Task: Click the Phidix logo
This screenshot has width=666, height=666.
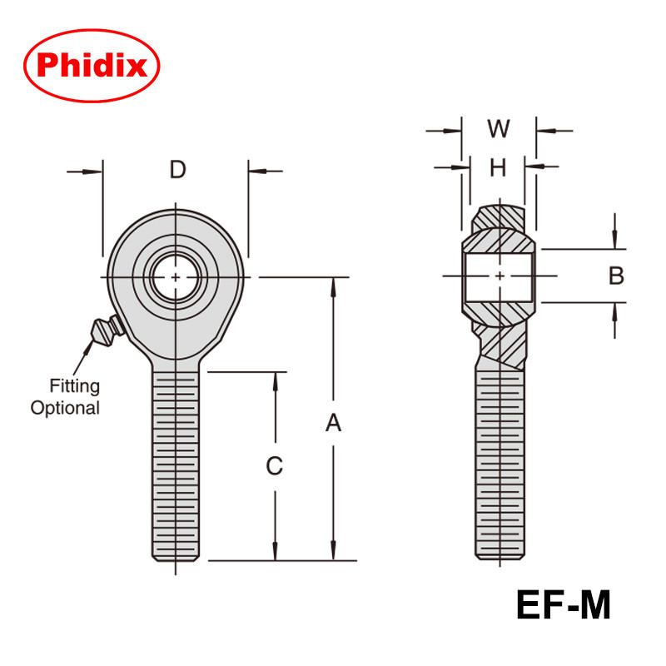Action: tap(92, 65)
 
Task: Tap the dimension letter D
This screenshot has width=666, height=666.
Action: tap(177, 170)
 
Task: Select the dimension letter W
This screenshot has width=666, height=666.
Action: tap(499, 129)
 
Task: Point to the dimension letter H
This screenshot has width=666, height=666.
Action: tap(498, 168)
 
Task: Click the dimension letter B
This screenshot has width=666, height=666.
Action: tap(616, 276)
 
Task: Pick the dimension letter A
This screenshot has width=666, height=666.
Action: tap(333, 424)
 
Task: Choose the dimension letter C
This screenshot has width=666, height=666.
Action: tap(275, 466)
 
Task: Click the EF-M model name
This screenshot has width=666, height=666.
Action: tap(564, 605)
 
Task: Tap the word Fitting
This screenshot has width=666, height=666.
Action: tap(74, 386)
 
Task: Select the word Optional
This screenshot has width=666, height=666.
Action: tap(65, 408)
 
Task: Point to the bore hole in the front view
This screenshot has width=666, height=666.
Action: tap(176, 276)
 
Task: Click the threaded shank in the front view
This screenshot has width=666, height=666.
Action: tap(176, 466)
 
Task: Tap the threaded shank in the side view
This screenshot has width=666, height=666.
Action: tap(499, 466)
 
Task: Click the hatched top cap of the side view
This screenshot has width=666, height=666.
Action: tap(499, 218)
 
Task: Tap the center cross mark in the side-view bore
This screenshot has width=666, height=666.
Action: tap(499, 276)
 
